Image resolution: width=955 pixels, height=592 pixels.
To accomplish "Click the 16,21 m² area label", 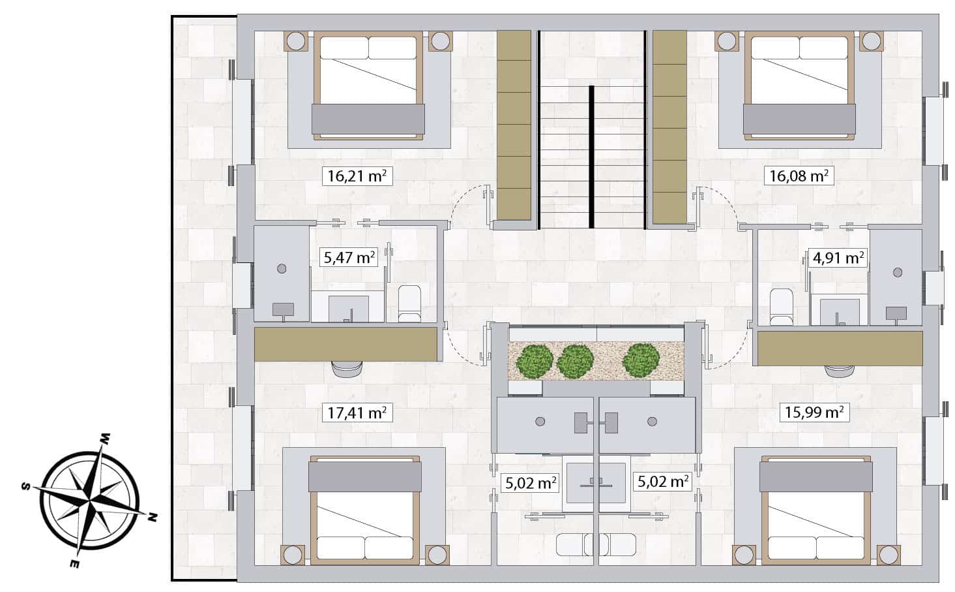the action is tap(357, 176).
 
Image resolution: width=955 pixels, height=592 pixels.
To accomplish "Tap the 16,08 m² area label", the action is tap(799, 176).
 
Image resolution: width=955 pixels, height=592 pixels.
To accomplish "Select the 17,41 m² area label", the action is tap(357, 413).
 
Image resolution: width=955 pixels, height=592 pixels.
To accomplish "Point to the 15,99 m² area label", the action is tap(814, 413).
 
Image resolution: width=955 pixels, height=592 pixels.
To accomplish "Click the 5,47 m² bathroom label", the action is tap(349, 257).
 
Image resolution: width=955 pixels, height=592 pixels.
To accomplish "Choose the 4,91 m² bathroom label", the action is tap(838, 257).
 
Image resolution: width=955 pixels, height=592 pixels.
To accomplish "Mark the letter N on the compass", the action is tap(152, 518).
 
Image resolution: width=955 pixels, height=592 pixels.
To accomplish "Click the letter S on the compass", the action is tap(26, 486).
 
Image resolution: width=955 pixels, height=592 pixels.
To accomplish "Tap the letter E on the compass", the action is tap(74, 564).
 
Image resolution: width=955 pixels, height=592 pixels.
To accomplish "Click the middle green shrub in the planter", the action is tap(575, 361).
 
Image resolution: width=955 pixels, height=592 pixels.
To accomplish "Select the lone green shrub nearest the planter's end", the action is tap(641, 360).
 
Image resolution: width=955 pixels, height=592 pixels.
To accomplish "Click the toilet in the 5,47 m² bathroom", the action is tap(410, 304).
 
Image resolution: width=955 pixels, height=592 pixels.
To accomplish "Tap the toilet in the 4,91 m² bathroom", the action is tap(782, 307).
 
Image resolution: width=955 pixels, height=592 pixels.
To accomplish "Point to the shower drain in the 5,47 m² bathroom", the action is tap(282, 268).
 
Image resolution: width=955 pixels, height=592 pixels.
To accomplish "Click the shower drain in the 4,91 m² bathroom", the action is tap(898, 272).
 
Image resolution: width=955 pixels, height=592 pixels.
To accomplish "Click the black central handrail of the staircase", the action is tap(591, 157).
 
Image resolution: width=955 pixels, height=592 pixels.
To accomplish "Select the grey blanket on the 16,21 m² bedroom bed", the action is tap(368, 119).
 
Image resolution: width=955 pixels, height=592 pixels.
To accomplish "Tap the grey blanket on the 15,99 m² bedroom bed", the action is tap(816, 476).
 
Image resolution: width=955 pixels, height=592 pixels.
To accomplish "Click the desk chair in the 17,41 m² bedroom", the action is tap(347, 369).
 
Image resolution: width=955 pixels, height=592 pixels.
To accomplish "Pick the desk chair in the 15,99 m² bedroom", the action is tap(840, 371).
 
